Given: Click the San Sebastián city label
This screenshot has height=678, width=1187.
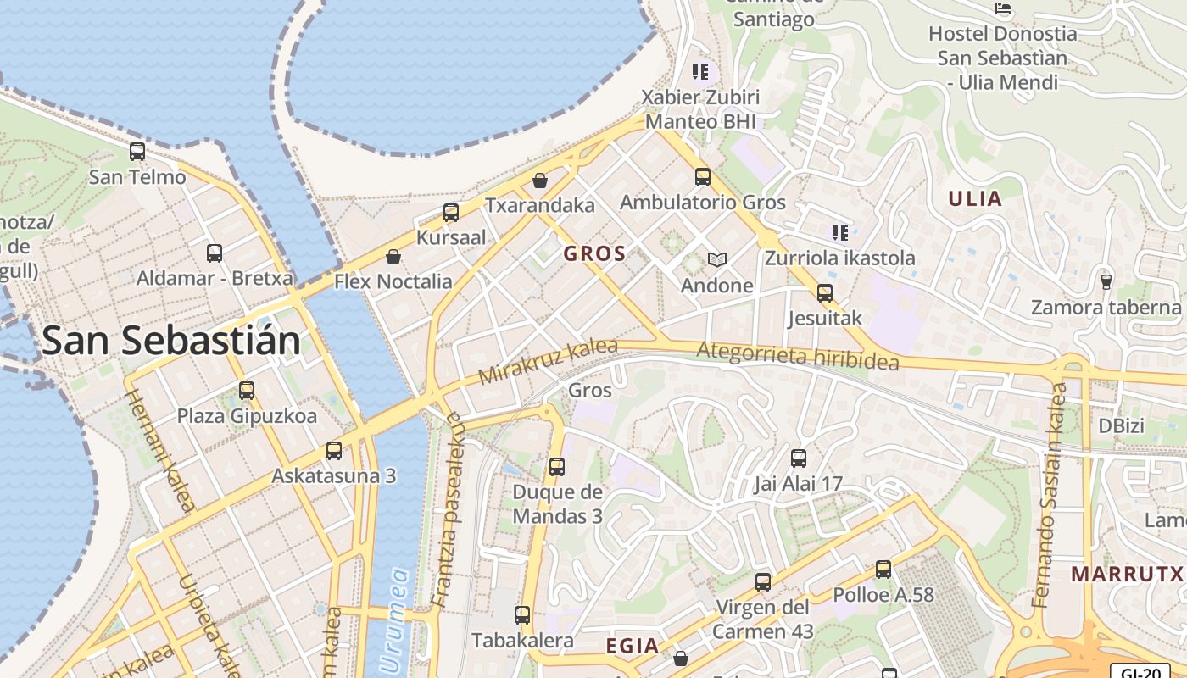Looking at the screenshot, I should pyautogui.click(x=170, y=341).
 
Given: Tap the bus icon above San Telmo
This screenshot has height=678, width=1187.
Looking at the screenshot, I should pyautogui.click(x=137, y=153).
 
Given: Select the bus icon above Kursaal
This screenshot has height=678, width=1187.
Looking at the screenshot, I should pyautogui.click(x=451, y=213).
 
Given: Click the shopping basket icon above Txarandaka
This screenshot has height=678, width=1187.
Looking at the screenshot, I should pyautogui.click(x=540, y=181).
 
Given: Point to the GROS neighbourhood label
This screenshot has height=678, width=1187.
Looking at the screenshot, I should pyautogui.click(x=594, y=253).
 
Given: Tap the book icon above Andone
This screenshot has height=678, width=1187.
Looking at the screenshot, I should pyautogui.click(x=717, y=260).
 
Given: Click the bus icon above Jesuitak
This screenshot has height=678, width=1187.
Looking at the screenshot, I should pyautogui.click(x=824, y=293).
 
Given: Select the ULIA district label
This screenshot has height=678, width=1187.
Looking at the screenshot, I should pyautogui.click(x=975, y=199).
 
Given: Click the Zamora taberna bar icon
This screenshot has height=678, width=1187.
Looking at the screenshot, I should pyautogui.click(x=1106, y=281).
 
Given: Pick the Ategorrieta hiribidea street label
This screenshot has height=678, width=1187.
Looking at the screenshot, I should pyautogui.click(x=797, y=356).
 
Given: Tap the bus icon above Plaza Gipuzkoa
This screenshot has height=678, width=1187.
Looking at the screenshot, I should pyautogui.click(x=247, y=391).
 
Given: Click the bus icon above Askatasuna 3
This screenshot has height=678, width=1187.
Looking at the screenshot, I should pyautogui.click(x=334, y=451).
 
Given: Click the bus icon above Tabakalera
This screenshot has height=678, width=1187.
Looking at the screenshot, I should pyautogui.click(x=522, y=615).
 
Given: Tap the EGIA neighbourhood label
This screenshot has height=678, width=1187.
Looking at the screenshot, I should pyautogui.click(x=633, y=647).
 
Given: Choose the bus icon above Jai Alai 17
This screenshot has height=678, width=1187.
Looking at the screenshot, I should pyautogui.click(x=798, y=458).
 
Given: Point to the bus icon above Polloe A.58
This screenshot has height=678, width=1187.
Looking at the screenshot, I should pyautogui.click(x=883, y=570).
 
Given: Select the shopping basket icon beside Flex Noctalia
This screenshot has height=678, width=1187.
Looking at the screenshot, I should pyautogui.click(x=393, y=257).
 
